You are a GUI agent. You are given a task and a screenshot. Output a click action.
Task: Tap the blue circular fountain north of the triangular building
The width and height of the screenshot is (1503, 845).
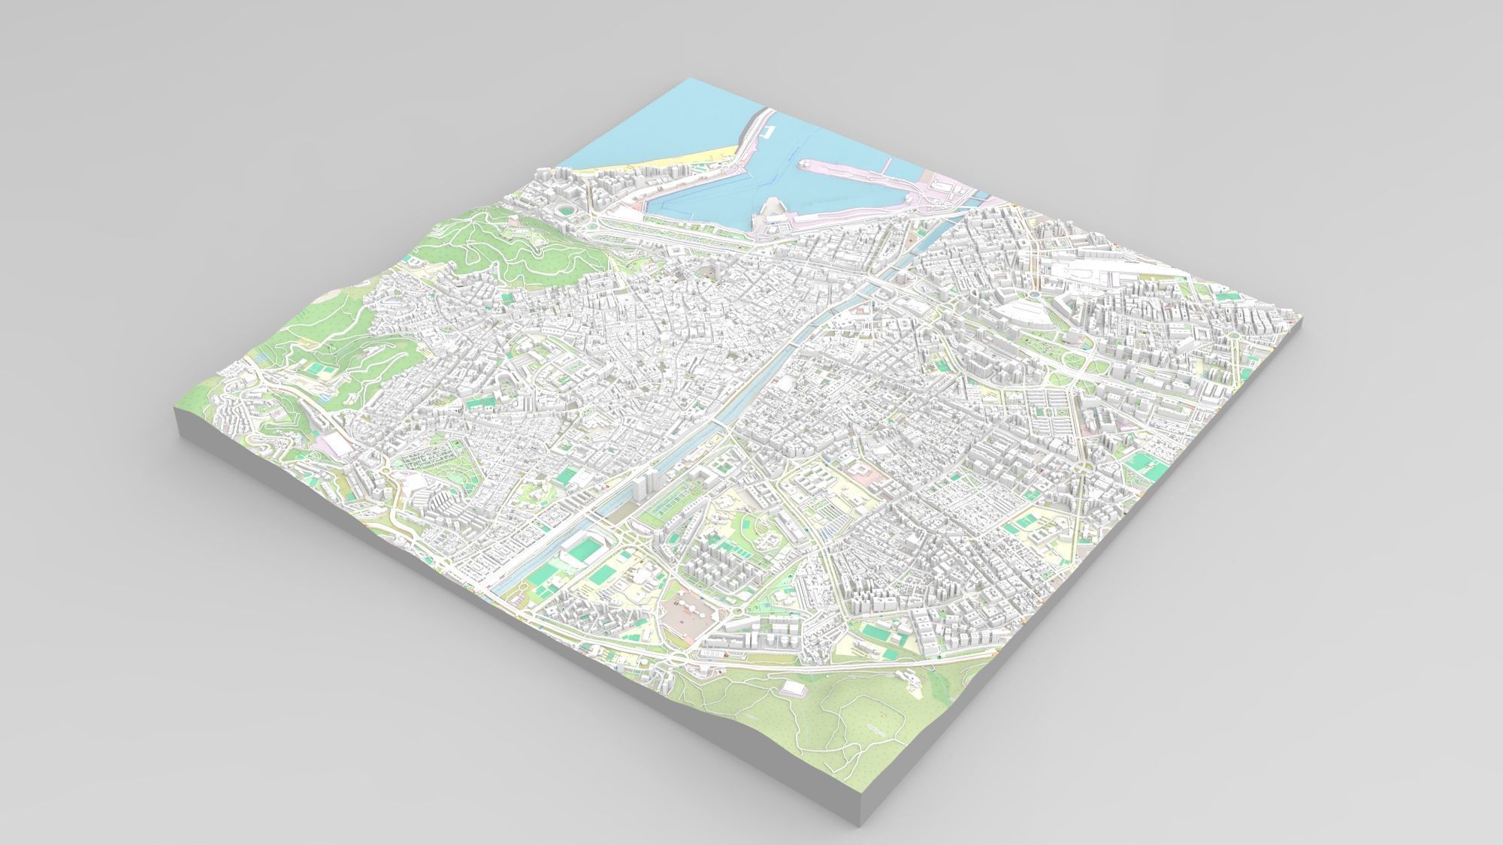(1035, 294)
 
